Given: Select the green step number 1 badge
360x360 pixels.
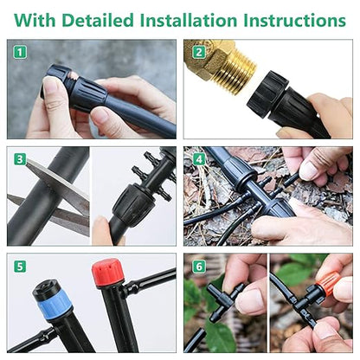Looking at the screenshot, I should tap(19, 52).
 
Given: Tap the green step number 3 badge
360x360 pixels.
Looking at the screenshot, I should tap(19, 158).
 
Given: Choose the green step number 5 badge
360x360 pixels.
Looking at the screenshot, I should tap(19, 266).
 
